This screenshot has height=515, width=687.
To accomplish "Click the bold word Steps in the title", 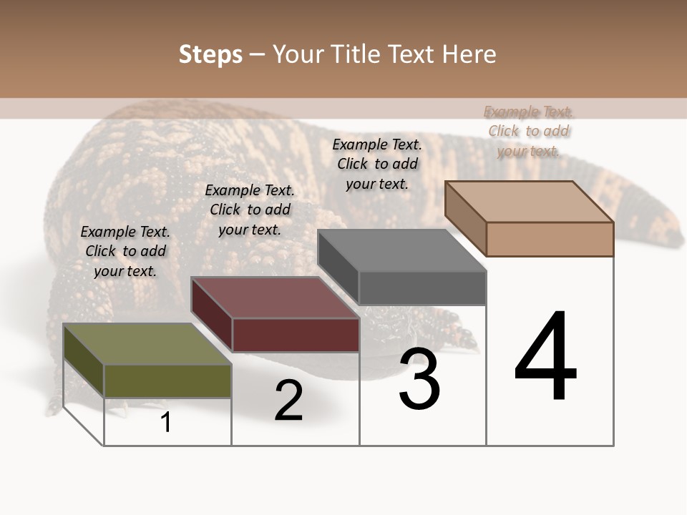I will tap(210, 54).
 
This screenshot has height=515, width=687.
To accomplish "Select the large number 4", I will tap(545, 358).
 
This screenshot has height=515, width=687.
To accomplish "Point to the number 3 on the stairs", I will tap(419, 380).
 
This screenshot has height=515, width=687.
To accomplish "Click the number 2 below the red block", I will tap(288, 401).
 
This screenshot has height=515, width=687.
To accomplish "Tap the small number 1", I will tap(165, 422).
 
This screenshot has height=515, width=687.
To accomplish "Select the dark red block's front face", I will tap(296, 335).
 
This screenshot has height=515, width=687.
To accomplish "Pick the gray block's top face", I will tap(401, 250).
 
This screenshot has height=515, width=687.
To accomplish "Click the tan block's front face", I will tap(550, 239).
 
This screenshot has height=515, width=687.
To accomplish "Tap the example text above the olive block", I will tap(125, 251).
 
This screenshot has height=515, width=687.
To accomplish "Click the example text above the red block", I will tap(250, 210).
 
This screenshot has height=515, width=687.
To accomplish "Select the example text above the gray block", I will tap(377, 164).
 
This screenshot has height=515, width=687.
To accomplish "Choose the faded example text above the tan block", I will tap(529, 131).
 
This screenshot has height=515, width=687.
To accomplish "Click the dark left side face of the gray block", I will tap(338, 268).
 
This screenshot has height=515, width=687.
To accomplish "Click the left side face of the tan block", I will tap(465, 218).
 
